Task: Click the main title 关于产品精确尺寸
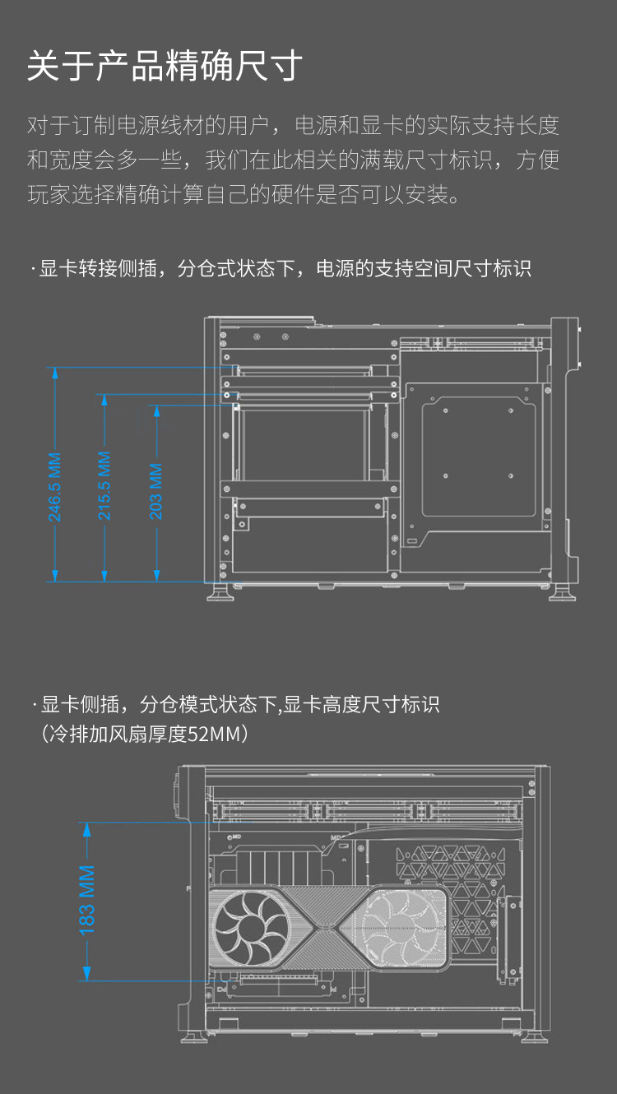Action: tap(165, 67)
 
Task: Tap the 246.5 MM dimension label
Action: tap(54, 487)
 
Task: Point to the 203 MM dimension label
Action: tap(155, 491)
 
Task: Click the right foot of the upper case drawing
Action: tap(564, 591)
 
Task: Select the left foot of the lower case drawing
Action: tap(193, 1034)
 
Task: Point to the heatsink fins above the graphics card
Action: tap(271, 868)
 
